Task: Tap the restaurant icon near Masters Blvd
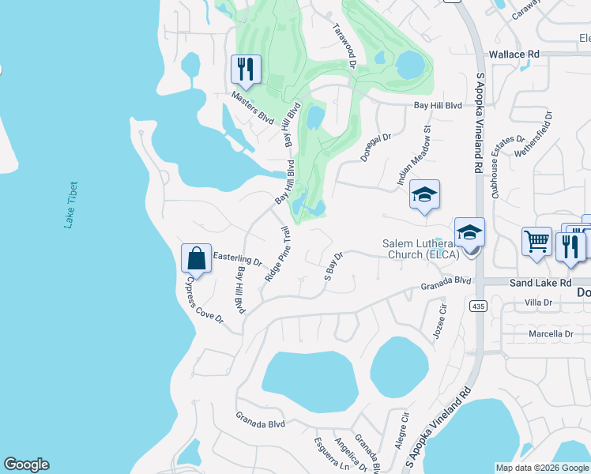(x=246, y=70)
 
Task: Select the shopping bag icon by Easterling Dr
(x=196, y=258)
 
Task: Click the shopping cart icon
(x=536, y=241)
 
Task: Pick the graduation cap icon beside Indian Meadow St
(x=424, y=195)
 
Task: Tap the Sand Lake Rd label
(x=540, y=282)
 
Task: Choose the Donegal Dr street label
(x=376, y=148)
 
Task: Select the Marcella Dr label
(x=550, y=334)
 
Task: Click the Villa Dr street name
(x=538, y=303)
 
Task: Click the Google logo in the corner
(x=26, y=465)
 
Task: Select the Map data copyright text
(x=542, y=468)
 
